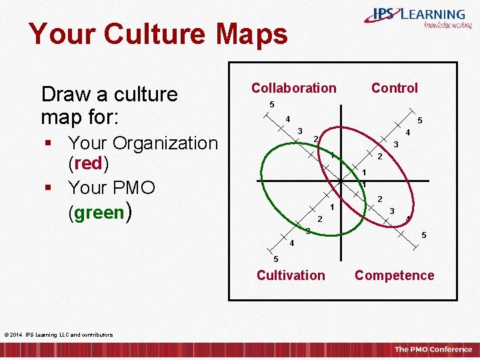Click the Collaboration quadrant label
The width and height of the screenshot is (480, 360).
(293, 88)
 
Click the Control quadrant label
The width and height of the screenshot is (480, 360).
(394, 88)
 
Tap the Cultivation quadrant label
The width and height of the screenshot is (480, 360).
(291, 275)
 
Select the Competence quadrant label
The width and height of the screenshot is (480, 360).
(394, 275)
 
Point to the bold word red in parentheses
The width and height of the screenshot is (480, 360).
(89, 163)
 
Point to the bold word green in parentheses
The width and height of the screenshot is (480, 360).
(99, 213)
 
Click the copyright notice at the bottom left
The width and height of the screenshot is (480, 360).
(58, 335)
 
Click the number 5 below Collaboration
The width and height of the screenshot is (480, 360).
(271, 105)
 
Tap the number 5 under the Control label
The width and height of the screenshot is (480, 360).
(419, 121)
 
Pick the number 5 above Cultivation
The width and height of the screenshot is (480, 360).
(275, 259)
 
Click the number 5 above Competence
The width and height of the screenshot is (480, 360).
(424, 235)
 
